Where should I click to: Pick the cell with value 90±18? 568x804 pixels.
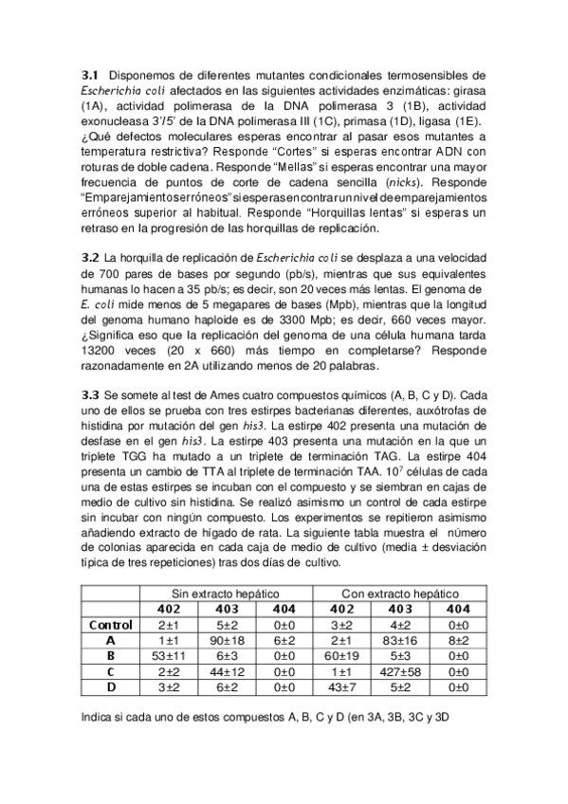tap(227, 640)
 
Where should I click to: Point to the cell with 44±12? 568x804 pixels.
tap(227, 671)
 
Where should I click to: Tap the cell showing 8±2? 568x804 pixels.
tap(457, 640)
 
